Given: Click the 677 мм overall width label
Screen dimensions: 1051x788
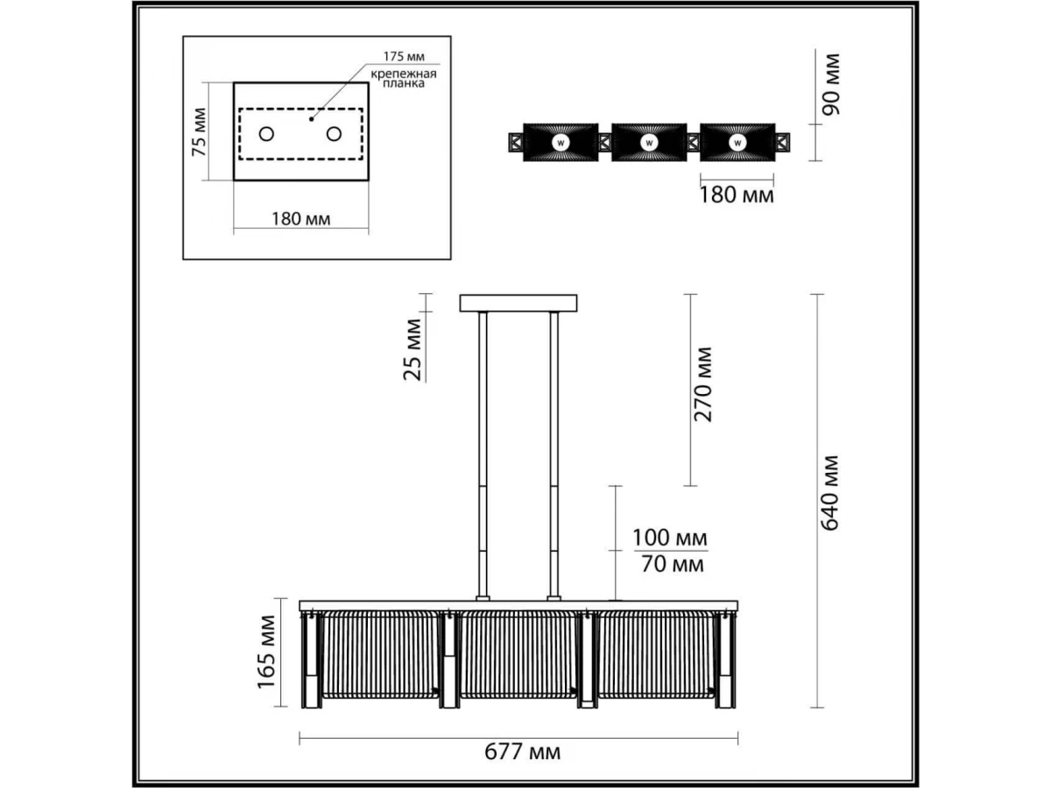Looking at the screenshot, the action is [522, 752].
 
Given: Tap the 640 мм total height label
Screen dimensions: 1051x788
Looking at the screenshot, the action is [829, 493].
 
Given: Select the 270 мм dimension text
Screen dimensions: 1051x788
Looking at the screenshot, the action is [703, 384].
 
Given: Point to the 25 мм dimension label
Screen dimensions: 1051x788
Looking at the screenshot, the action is [413, 349].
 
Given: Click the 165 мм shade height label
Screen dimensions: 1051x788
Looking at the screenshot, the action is [267, 651].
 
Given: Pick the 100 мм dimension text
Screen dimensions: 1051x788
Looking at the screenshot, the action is [670, 538].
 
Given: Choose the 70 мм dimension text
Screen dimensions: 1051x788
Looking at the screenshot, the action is [673, 565].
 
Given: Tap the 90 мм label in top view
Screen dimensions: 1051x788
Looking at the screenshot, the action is [831, 85].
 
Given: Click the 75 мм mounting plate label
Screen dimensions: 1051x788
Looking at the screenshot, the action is [199, 132].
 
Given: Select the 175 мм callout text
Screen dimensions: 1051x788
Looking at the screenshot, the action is [404, 56].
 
